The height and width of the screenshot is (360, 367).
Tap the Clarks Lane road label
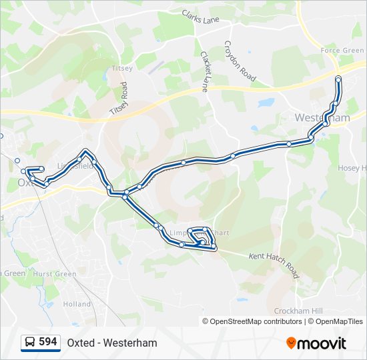[x=200, y=17]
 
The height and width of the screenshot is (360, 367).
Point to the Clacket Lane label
[x=205, y=70]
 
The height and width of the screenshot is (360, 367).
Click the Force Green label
[x=342, y=51]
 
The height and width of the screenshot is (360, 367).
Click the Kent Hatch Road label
[x=275, y=265]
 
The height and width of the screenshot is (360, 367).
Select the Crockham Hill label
[x=298, y=311]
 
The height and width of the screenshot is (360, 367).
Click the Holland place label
[x=77, y=304]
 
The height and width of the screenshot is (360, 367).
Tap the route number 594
[x=48, y=342]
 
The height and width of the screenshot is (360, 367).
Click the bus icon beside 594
[x=30, y=343]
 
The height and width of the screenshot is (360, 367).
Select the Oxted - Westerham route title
[x=112, y=343]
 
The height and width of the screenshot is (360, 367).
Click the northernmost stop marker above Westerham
[x=338, y=79]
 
